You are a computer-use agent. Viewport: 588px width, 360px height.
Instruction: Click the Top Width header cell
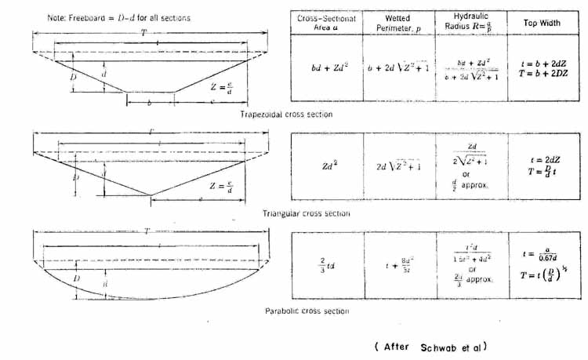[542, 23]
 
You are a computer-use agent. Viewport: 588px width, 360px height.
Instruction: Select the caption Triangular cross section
[307, 213]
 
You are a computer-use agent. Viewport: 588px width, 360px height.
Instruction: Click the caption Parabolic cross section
[307, 311]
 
